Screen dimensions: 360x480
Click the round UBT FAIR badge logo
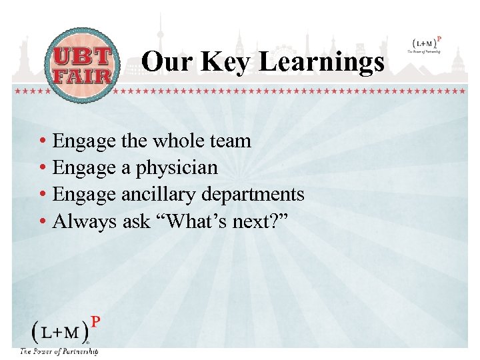(83, 65)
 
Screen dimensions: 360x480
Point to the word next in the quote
(253, 221)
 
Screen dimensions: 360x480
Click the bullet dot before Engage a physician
(42, 169)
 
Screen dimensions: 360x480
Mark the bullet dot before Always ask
(42, 222)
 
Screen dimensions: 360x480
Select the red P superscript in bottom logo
(95, 322)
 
